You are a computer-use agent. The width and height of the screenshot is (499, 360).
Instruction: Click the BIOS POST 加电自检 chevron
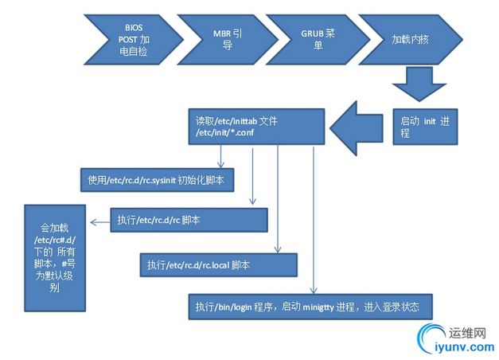click(x=127, y=40)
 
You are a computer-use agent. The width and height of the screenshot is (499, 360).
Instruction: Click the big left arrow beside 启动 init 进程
click(x=358, y=127)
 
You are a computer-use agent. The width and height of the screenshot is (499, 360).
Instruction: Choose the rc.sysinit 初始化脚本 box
click(x=156, y=181)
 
